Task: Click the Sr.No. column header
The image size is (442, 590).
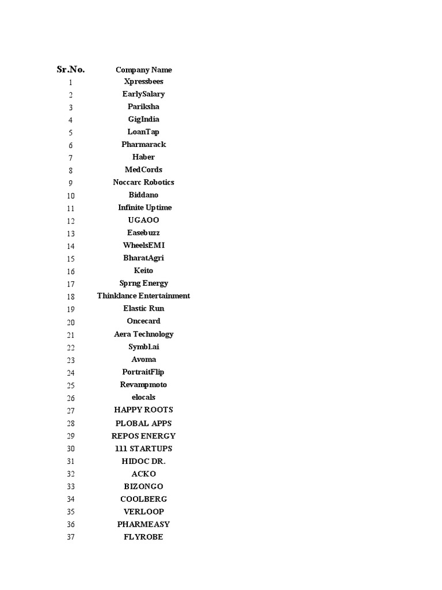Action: [x=71, y=70]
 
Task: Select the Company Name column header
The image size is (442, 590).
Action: [x=143, y=70]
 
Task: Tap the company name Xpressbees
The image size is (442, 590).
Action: [x=143, y=82]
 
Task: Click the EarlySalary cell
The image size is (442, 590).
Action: [x=143, y=94]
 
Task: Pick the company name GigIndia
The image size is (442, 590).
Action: [x=143, y=119]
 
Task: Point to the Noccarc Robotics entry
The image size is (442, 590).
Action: [x=143, y=182]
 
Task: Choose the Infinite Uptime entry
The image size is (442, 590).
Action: [x=144, y=207]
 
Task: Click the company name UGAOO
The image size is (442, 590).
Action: [x=143, y=220]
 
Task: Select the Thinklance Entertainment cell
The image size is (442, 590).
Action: [x=143, y=296]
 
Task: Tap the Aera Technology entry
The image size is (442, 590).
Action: [x=143, y=334]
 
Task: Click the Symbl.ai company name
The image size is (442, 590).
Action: [x=143, y=347]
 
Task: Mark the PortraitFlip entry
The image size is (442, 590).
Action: [x=143, y=372]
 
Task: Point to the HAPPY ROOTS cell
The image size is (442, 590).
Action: [x=143, y=410]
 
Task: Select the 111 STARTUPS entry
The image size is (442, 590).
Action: [x=143, y=448]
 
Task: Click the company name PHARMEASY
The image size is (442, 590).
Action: [x=143, y=524]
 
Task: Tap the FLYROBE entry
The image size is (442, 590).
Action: [x=143, y=537]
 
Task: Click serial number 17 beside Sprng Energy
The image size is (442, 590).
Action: [x=71, y=284]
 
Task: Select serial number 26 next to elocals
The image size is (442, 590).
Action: [x=71, y=398]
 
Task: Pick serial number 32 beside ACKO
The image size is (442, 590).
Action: [x=71, y=474]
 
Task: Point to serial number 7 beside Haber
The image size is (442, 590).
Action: [x=71, y=158]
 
